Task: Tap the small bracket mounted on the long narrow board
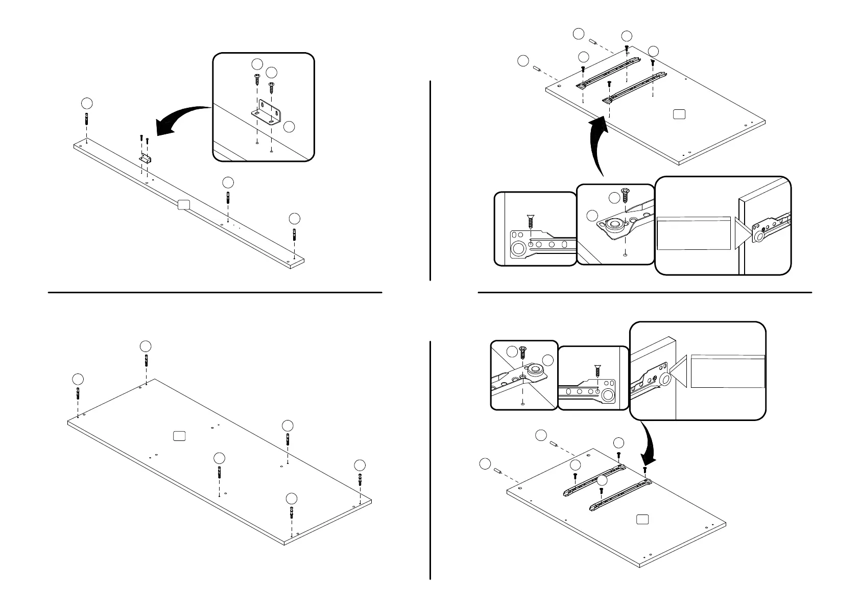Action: pos(145,158)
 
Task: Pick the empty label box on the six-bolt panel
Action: pos(179,435)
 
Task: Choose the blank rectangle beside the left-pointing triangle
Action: pos(728,371)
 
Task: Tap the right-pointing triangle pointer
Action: pos(743,233)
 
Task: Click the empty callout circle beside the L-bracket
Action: pos(289,127)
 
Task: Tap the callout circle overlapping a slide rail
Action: pos(603,480)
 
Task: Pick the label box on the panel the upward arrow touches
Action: pos(678,114)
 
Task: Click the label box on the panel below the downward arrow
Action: pos(643,520)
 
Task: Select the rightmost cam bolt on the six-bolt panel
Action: pos(361,481)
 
